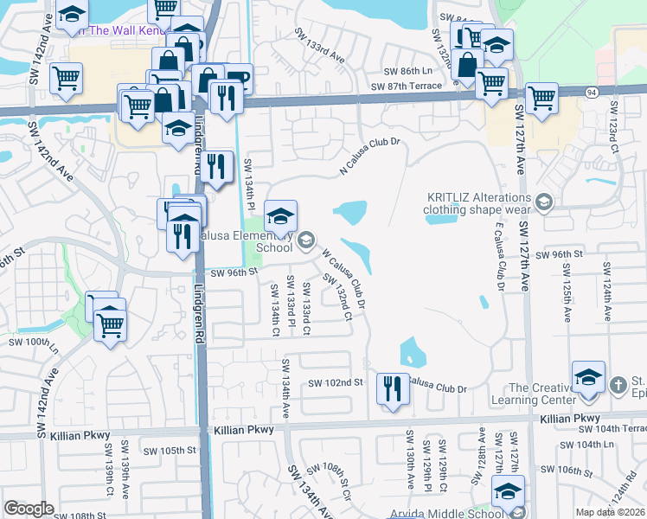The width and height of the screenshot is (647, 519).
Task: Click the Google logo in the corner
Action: (x=29, y=509)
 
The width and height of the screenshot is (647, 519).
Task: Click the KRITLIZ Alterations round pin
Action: (x=543, y=202)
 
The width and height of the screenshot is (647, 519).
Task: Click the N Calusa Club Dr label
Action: (x=372, y=153)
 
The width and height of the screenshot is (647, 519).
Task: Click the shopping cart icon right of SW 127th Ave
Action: (x=541, y=99)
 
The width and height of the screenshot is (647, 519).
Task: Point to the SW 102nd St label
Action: (x=336, y=382)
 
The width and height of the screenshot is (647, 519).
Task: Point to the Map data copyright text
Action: (x=610, y=512)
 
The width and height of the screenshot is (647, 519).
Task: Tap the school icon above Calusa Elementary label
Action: (x=280, y=216)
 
